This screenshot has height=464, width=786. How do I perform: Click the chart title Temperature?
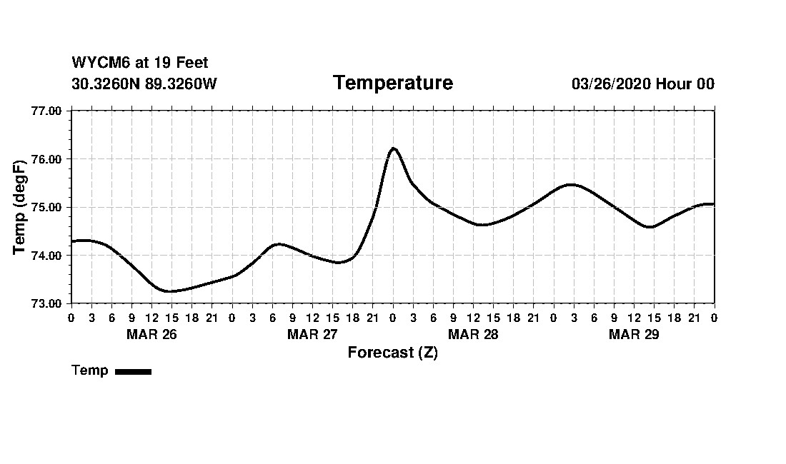click(392, 84)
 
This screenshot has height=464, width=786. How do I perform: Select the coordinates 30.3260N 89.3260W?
click(144, 84)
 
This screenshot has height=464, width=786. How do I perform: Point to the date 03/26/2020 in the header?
click(611, 84)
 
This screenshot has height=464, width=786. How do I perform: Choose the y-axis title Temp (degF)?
click(21, 207)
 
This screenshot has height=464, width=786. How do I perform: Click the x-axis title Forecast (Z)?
click(392, 353)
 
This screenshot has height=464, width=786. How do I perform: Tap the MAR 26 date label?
click(151, 334)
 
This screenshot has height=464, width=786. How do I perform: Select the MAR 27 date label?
click(312, 334)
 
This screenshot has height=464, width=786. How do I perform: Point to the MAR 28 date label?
click(473, 334)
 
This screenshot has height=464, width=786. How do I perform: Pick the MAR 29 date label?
click(634, 334)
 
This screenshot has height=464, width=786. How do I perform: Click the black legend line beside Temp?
click(134, 371)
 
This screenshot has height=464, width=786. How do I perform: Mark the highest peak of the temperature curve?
click(393, 148)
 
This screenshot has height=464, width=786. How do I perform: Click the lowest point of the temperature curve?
click(169, 291)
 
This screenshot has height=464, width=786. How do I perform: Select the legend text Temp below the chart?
click(90, 370)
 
